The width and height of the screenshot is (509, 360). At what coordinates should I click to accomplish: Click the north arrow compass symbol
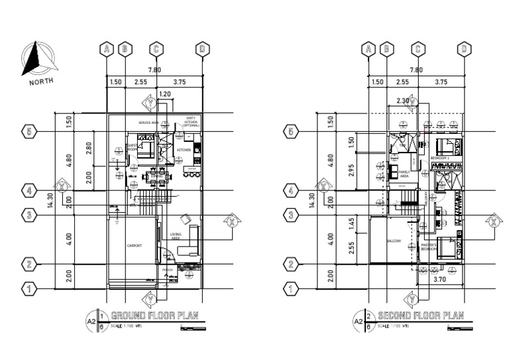point(36,59)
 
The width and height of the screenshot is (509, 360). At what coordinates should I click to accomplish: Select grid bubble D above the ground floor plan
point(203,48)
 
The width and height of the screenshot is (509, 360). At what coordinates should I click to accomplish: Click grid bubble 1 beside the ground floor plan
point(28,288)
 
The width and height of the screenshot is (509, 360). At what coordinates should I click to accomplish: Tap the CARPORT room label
point(135,245)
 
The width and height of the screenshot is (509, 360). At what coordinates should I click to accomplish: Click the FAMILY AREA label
point(404,174)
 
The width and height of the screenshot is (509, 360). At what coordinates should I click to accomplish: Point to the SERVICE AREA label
point(149,123)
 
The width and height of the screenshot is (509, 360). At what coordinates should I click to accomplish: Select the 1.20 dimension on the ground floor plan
point(166,95)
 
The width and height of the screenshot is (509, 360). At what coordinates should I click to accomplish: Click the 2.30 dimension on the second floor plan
point(402,101)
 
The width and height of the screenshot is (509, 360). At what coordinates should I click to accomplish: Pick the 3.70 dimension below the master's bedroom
point(439,280)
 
